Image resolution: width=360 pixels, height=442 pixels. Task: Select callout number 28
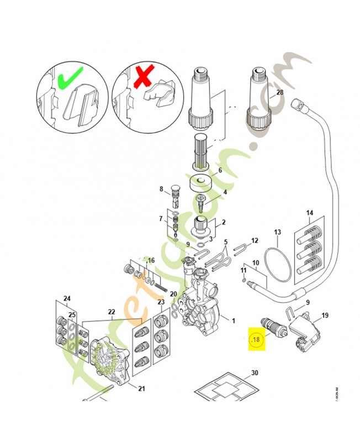click(279, 93)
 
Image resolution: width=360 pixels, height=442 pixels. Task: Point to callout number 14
click(310, 213)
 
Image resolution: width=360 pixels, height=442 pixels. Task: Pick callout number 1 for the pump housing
click(233, 320)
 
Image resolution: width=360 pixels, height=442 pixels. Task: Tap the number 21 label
click(141, 388)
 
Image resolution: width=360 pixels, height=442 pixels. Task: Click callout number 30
click(254, 373)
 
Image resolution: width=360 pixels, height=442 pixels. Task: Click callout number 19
click(325, 315)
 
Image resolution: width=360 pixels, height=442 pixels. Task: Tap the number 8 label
click(162, 190)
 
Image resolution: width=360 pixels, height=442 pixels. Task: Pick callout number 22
click(111, 312)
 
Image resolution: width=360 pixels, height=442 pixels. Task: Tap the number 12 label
click(255, 240)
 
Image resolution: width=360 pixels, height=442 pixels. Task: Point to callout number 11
click(243, 270)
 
